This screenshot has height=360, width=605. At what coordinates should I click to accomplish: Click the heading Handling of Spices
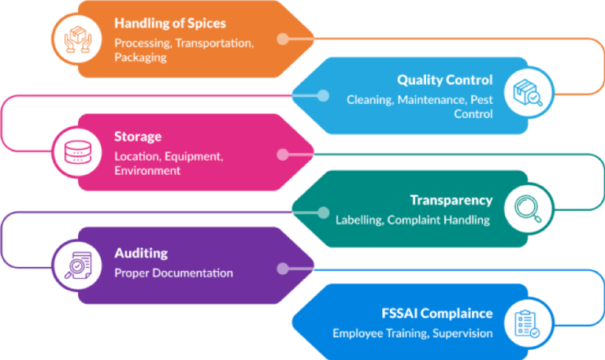coord(170,24)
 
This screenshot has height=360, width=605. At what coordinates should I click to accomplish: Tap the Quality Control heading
coord(444,80)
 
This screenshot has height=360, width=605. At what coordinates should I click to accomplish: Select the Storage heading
coord(138,137)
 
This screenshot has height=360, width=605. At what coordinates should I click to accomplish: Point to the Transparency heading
coord(451,200)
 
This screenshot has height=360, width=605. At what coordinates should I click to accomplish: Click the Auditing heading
coord(141,254)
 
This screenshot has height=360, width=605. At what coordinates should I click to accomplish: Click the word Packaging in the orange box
coord(141,58)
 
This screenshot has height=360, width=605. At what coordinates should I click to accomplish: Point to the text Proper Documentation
coord(173,273)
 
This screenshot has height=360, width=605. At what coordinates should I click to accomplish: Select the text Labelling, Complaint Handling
coord(414,220)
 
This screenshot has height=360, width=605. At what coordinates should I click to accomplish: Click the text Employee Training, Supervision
coord(412,333)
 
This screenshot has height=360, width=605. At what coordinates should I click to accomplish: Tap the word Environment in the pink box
coord(147,171)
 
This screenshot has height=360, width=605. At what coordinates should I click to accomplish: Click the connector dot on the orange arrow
coord(282,39)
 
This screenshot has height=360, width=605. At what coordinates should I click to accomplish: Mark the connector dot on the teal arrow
coord(322,211)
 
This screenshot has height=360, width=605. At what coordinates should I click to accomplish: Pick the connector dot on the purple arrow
coord(282,268)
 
